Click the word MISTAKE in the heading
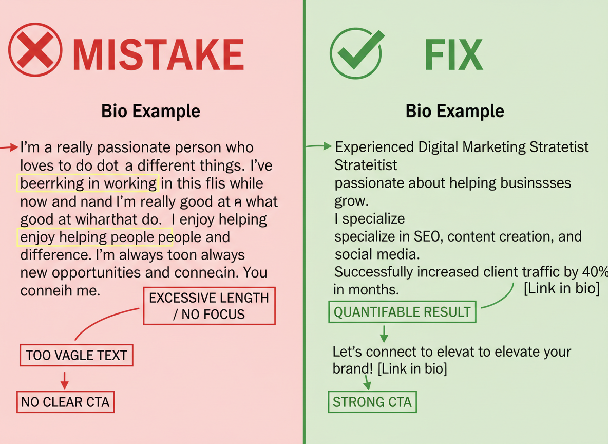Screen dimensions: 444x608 (x=158, y=54)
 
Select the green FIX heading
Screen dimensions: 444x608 (x=453, y=54)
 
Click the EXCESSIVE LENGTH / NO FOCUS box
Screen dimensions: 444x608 (x=209, y=306)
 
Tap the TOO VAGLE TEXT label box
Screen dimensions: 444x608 (x=76, y=355)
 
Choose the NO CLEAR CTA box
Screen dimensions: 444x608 (x=65, y=402)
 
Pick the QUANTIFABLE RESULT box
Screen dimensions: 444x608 (x=402, y=311)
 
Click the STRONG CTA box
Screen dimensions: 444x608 (x=372, y=402)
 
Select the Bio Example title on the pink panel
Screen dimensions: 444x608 (x=150, y=111)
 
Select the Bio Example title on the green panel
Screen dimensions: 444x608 (x=454, y=111)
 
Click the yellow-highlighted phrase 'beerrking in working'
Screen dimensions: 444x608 (x=88, y=183)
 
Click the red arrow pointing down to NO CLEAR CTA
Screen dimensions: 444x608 (x=64, y=380)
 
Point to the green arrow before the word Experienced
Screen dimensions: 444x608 (x=319, y=147)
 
